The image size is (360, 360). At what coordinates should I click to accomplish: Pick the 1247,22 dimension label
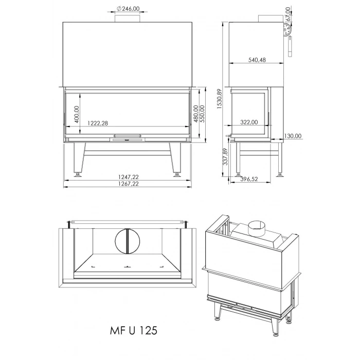(x=127, y=176)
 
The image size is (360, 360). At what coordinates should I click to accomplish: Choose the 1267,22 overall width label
(x=127, y=184)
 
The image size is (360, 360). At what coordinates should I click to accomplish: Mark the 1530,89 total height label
(x=220, y=98)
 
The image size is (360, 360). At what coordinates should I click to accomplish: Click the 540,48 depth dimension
(x=257, y=60)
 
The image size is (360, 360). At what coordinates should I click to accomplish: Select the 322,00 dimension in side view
(x=249, y=122)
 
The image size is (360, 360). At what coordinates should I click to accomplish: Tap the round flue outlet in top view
(x=127, y=241)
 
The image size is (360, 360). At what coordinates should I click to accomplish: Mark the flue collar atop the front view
(x=127, y=19)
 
